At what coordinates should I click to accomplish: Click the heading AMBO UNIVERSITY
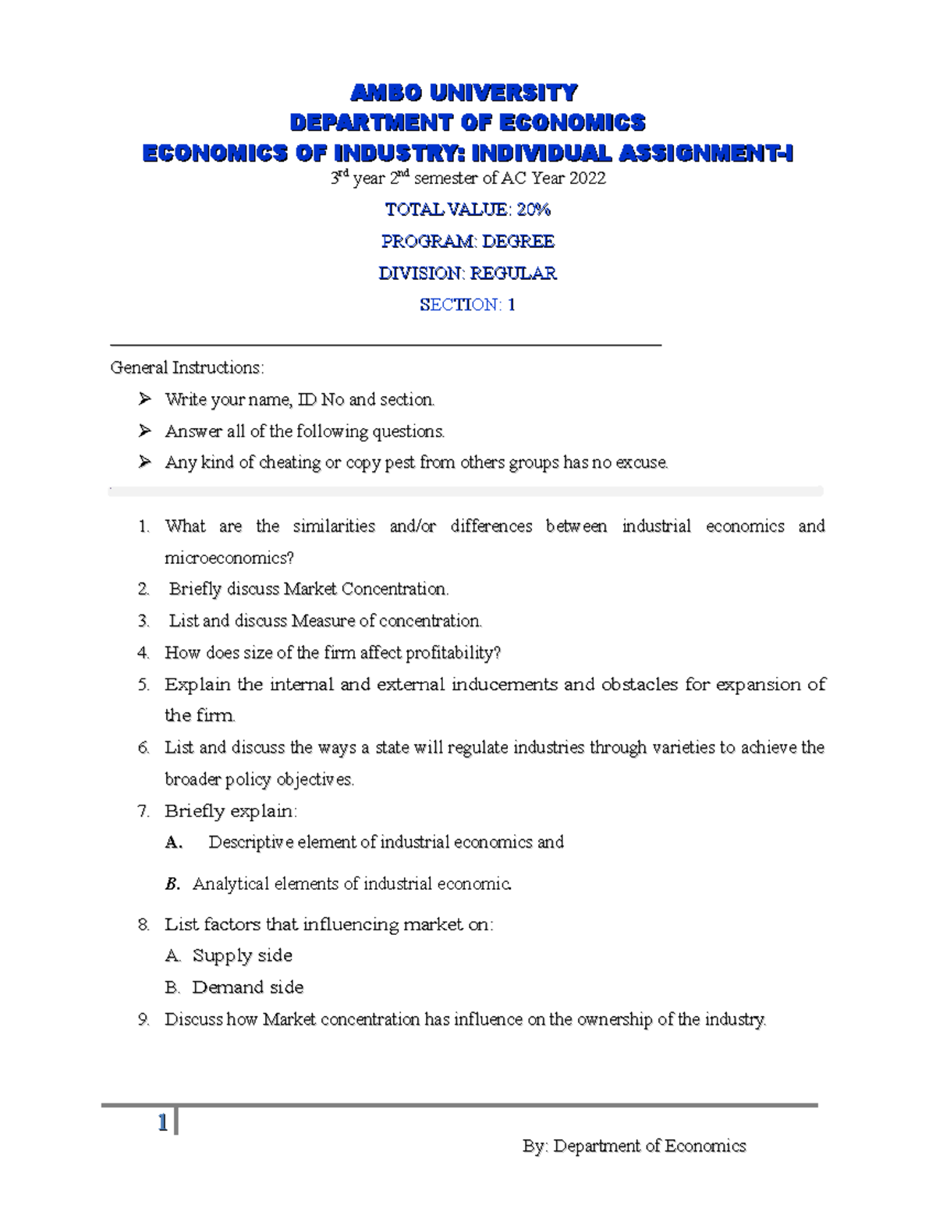pyautogui.click(x=464, y=93)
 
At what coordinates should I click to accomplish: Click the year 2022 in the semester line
pyautogui.click(x=587, y=179)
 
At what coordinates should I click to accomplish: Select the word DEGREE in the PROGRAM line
pyautogui.click(x=518, y=242)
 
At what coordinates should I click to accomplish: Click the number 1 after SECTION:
pyautogui.click(x=512, y=305)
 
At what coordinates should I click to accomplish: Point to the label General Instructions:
pyautogui.click(x=187, y=367)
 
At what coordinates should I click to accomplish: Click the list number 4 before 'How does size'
pyautogui.click(x=143, y=653)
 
